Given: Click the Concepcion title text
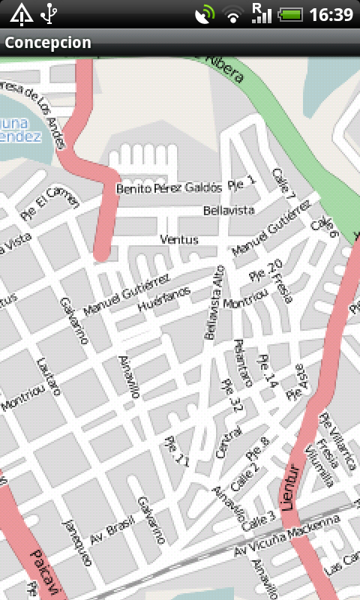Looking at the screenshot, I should [x=48, y=43].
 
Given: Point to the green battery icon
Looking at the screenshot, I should [x=289, y=14].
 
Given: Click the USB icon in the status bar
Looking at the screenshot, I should [x=49, y=13].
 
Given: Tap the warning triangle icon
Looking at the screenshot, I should [x=20, y=13].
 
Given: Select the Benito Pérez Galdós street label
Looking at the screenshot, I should [x=169, y=188].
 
